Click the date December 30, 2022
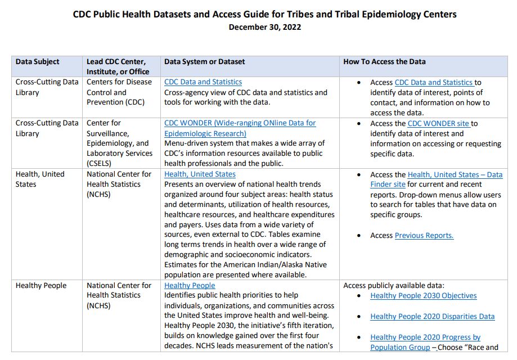264,27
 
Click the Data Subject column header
37,62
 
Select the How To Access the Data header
384,62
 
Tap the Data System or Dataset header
204,62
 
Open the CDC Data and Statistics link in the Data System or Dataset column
203,82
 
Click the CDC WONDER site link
439,123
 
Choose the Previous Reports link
424,236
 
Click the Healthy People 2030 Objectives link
423,296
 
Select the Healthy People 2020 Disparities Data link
432,317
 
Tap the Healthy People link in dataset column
190,286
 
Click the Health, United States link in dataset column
200,174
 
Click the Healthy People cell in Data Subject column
41,286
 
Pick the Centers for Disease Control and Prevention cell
119,92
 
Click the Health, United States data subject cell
40,179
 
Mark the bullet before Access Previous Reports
358,236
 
